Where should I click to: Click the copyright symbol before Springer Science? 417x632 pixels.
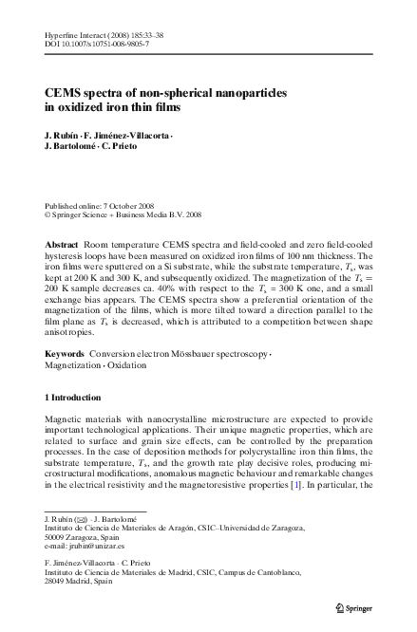click(x=49, y=215)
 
